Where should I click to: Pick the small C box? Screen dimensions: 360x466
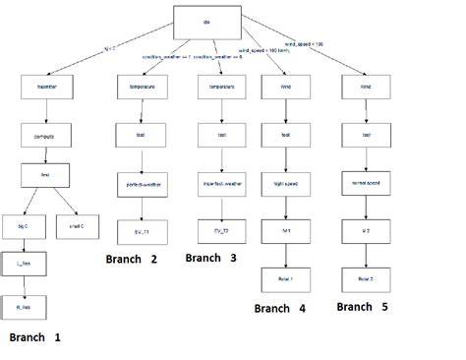pyautogui.click(x=77, y=225)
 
